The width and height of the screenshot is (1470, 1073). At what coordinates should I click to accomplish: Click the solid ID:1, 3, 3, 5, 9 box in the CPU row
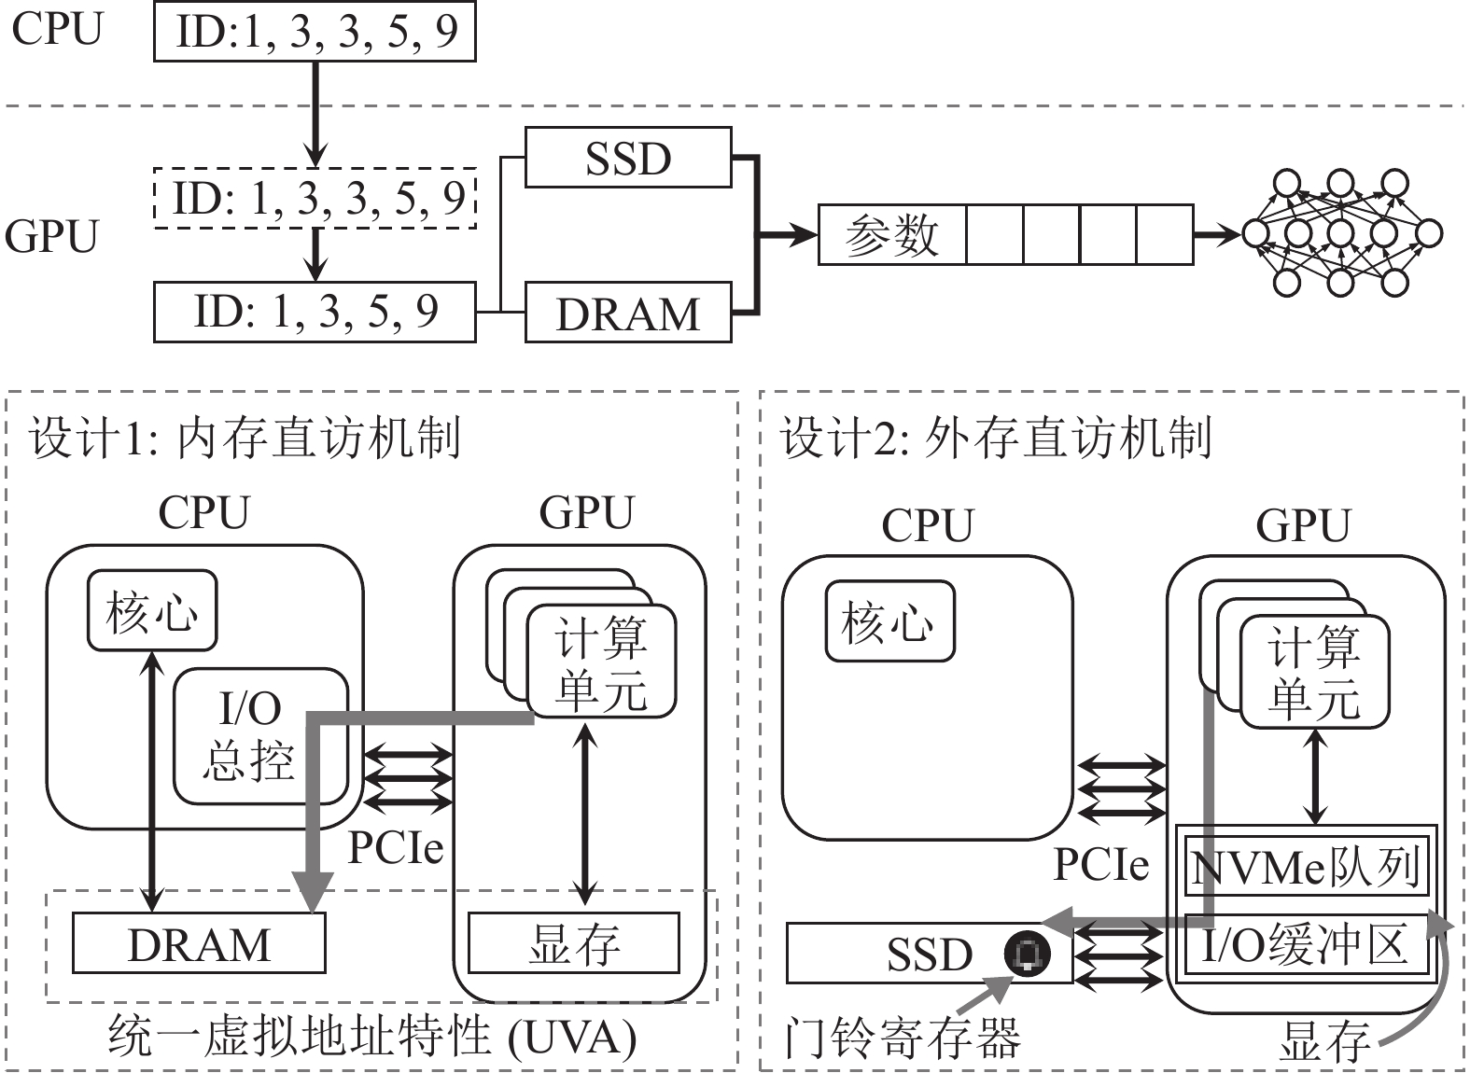(x=315, y=33)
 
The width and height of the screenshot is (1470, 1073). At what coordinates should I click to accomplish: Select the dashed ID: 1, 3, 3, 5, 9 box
(x=315, y=198)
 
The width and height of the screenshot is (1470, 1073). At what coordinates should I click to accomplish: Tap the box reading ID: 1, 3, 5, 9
(x=315, y=312)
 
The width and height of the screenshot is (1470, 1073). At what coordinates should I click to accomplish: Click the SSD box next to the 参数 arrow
(x=627, y=158)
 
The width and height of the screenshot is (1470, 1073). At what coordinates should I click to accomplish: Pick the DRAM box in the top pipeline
(x=627, y=314)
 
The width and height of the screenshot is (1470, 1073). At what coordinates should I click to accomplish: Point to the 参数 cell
(x=891, y=235)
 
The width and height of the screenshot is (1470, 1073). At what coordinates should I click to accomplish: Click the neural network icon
(x=1340, y=233)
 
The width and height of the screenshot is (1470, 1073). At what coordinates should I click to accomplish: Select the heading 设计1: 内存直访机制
(x=245, y=437)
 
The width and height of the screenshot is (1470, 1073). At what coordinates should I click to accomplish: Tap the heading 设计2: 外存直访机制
(x=996, y=437)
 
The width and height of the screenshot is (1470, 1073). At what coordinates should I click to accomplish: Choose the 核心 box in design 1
(x=152, y=611)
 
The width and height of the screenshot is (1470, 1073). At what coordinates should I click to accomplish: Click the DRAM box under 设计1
(x=199, y=943)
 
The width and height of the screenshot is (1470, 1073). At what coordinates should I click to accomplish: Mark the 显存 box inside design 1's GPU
(x=574, y=943)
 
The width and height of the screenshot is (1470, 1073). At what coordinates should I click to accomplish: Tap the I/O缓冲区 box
(x=1305, y=944)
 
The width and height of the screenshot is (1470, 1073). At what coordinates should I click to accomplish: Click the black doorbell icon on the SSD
(x=1027, y=953)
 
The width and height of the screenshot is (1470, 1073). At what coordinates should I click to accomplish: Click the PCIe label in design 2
(x=1100, y=864)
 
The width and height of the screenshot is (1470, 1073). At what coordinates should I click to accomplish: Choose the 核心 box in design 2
(x=889, y=621)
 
